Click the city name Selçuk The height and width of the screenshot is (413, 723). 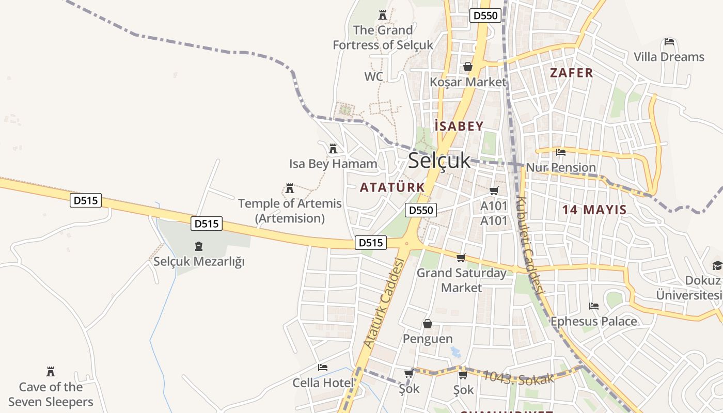(439, 161)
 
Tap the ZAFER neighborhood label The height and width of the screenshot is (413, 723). (572, 73)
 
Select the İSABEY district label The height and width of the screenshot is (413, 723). (459, 126)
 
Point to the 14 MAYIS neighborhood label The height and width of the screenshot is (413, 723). (594, 210)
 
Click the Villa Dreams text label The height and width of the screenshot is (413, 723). (669, 57)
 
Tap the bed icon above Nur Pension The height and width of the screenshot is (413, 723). (561, 152)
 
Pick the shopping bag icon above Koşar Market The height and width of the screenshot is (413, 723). (468, 67)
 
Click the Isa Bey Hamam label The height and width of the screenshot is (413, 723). (333, 164)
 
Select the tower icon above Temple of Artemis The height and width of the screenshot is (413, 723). (290, 188)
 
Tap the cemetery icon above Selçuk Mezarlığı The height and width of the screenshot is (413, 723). (199, 246)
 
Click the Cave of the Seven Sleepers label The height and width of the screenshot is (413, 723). (51, 394)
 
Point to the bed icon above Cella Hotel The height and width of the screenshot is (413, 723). (323, 368)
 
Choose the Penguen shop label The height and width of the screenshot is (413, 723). (428, 339)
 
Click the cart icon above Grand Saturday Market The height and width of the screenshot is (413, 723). (461, 258)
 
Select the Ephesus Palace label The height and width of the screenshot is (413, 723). (593, 322)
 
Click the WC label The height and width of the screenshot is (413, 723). (373, 77)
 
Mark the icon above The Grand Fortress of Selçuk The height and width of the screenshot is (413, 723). (383, 15)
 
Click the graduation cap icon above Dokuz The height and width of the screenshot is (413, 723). (717, 266)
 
